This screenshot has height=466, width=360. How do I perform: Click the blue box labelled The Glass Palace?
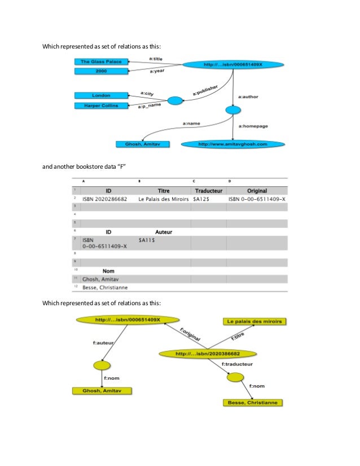tap(101, 61)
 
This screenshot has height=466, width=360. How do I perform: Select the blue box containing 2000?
tap(101, 71)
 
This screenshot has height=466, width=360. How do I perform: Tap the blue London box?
tap(101, 95)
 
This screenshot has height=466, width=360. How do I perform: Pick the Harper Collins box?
tap(101, 105)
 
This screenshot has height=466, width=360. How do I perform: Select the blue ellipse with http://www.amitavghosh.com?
tap(232, 144)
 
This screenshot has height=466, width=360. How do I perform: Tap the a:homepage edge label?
tap(253, 126)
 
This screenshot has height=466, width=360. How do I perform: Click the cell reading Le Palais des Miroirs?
tap(164, 199)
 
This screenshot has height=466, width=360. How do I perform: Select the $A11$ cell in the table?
tap(147, 239)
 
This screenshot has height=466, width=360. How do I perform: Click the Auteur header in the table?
tap(163, 231)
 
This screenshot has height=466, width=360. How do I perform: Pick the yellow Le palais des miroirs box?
tap(255, 322)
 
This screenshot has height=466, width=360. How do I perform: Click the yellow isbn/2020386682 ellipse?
tap(208, 354)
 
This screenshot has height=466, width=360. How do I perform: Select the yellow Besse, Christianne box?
tap(252, 403)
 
